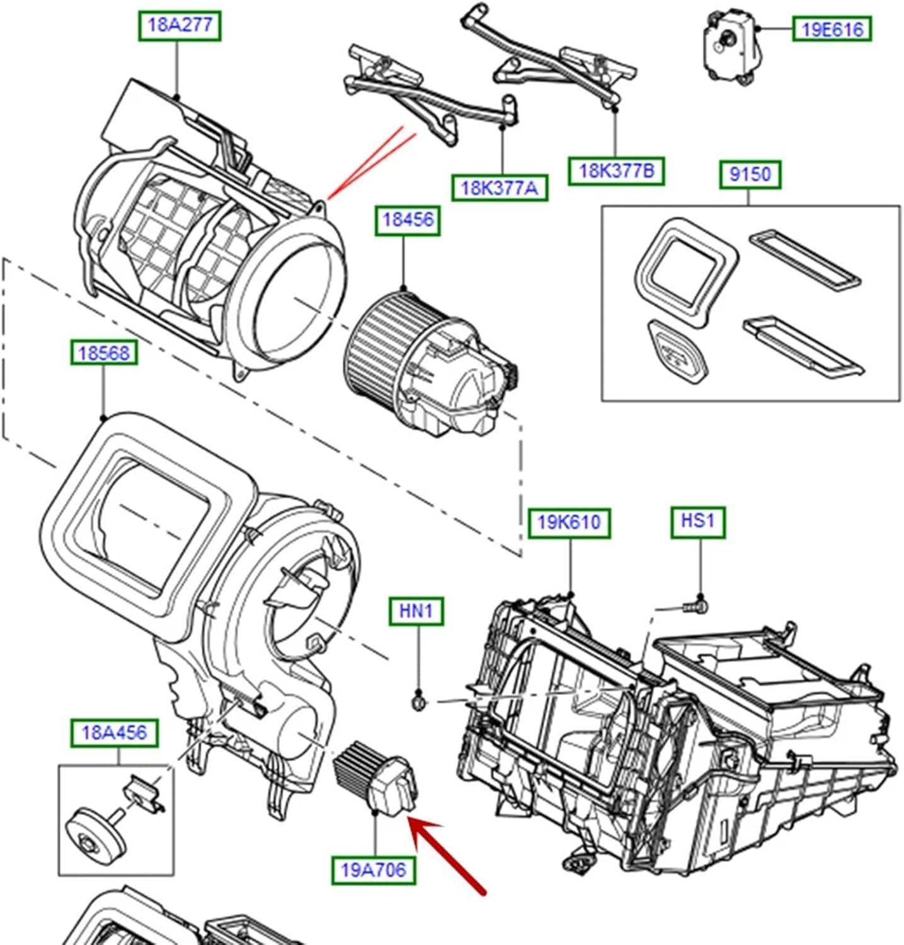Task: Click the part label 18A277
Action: tap(180, 26)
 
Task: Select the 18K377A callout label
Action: tap(500, 187)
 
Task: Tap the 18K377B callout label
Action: tap(616, 170)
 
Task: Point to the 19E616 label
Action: tap(832, 29)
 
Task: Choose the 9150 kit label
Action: tap(750, 174)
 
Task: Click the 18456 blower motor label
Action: tap(408, 220)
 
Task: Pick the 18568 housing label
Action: tap(103, 353)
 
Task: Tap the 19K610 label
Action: tap(569, 522)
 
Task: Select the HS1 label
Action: tap(697, 521)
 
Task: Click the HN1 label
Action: tap(416, 610)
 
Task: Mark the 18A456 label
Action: tap(114, 733)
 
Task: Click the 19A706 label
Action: tap(374, 870)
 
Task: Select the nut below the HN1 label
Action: tap(418, 701)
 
